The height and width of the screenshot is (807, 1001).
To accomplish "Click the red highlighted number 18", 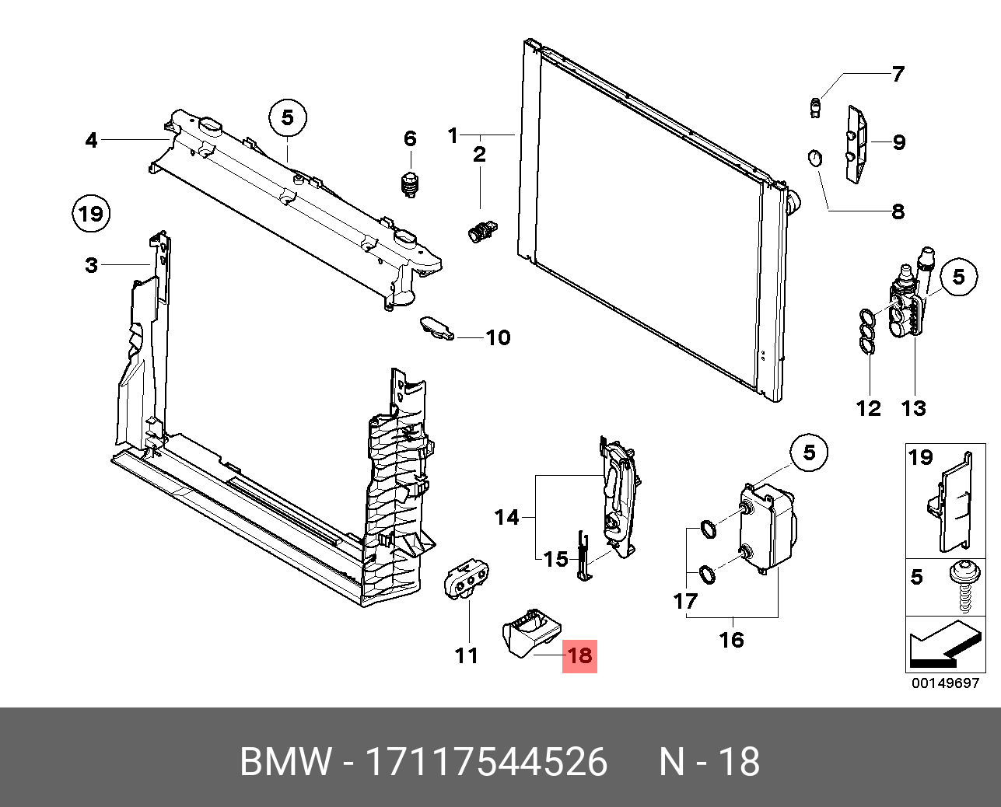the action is [x=580, y=655].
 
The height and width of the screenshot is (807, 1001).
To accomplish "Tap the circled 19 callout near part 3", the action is [x=91, y=213].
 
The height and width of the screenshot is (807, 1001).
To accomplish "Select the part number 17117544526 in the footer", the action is [x=486, y=762].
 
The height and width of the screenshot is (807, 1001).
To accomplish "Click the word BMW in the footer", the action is [x=285, y=762].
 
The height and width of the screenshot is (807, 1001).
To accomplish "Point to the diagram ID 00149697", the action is [x=945, y=684].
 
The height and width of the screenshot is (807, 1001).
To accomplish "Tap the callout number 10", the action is [x=498, y=337].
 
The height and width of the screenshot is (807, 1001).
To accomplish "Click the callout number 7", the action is [x=898, y=75].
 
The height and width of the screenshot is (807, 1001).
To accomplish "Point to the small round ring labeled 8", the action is [x=813, y=158].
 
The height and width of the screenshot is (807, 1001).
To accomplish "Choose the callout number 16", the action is [x=731, y=640].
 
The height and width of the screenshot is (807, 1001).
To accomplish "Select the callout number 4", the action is [x=92, y=140].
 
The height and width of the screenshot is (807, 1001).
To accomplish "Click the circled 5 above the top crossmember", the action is [x=288, y=117].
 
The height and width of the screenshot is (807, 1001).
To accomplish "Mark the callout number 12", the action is [x=868, y=408].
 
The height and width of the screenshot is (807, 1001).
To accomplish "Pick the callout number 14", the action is [x=506, y=517].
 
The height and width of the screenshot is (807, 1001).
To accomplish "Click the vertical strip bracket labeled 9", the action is [x=856, y=145].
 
